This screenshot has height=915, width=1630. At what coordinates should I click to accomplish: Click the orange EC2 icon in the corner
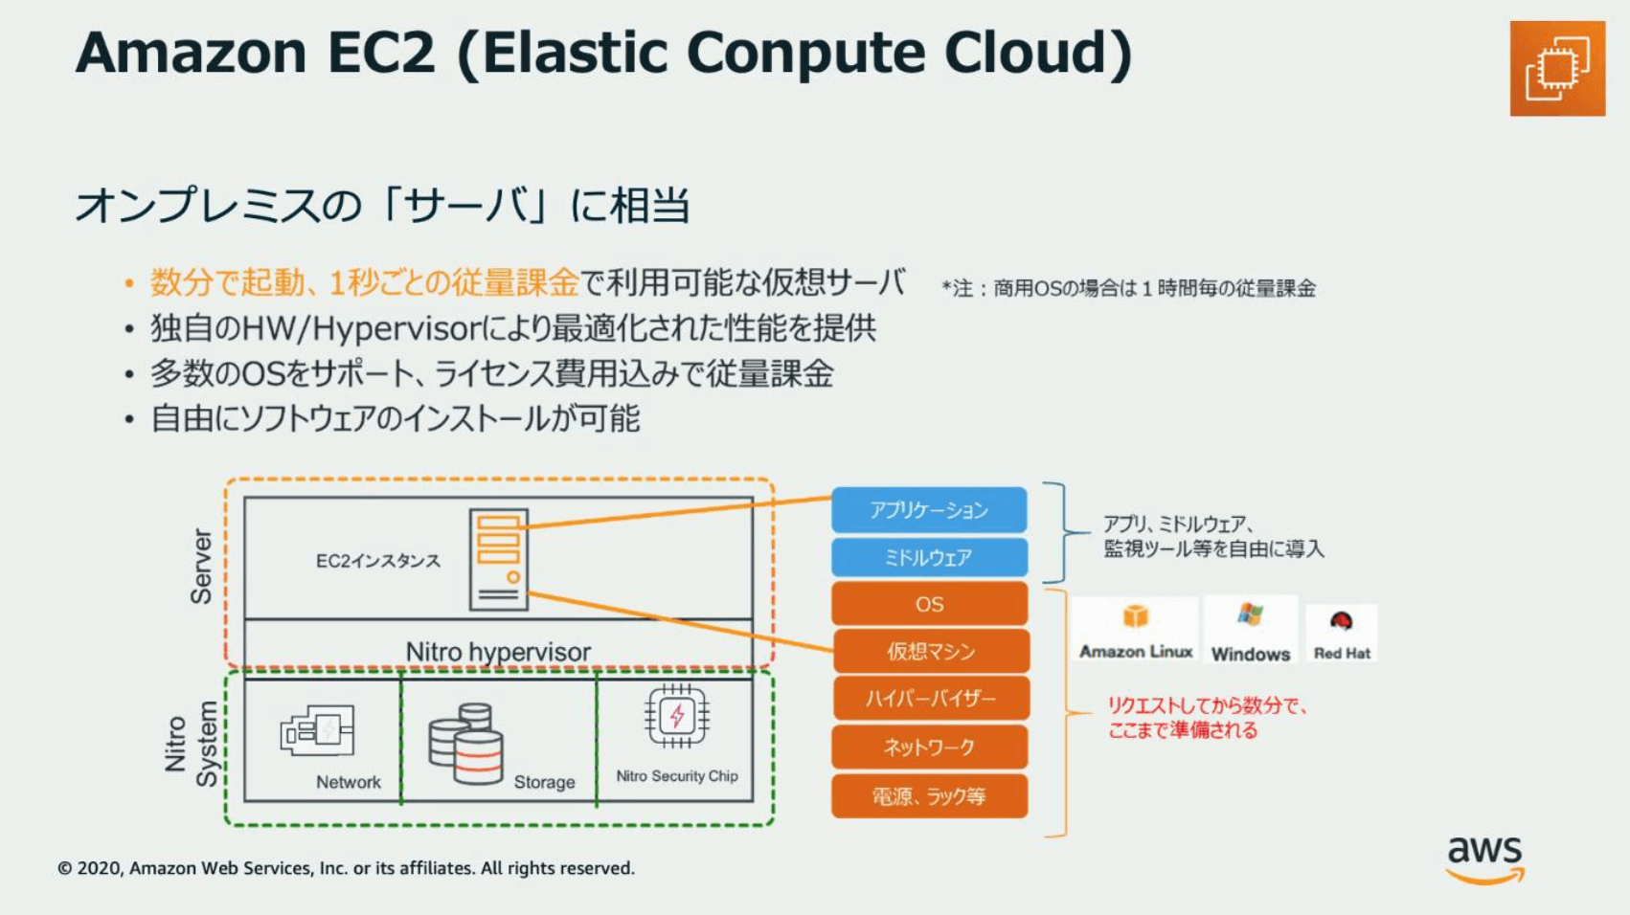1557,68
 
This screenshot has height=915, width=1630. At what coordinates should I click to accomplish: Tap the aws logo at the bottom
1484,859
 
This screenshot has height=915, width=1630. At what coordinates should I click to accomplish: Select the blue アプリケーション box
929,509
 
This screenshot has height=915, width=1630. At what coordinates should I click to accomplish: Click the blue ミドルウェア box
929,557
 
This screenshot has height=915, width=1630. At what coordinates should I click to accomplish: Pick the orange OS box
929,604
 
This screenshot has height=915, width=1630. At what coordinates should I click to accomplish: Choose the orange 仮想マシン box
931,650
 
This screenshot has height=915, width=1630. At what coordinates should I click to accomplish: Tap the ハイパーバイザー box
931,699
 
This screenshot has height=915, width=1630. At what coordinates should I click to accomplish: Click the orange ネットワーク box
929,747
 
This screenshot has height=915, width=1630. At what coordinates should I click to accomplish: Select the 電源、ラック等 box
929,795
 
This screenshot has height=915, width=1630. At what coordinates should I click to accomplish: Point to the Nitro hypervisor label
498,652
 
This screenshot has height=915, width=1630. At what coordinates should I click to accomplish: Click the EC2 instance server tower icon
498,559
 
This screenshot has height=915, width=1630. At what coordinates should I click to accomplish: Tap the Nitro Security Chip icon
677,716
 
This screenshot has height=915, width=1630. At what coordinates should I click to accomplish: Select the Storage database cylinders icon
465,744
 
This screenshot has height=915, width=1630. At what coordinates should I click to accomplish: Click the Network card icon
317,729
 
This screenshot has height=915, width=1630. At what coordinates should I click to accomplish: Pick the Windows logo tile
1250,630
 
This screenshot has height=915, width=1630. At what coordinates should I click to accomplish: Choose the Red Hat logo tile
1341,634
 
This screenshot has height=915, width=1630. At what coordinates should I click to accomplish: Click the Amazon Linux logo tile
1135,630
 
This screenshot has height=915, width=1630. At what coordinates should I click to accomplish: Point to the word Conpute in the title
805,53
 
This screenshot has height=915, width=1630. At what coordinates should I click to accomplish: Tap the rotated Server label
201,567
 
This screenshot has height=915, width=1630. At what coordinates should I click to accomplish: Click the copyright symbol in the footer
65,868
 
